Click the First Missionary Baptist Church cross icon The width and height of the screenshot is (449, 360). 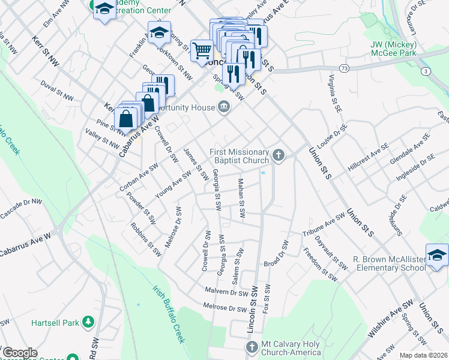click(x=277, y=155)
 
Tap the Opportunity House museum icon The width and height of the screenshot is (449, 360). click(x=223, y=107)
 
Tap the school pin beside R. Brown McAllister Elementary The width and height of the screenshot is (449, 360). click(x=437, y=254)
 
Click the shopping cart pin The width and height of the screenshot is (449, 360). click(x=201, y=49)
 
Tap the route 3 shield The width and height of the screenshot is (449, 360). click(x=425, y=71)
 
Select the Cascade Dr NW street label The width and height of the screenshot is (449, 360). click(x=22, y=207)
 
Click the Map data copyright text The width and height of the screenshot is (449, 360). click(x=423, y=355)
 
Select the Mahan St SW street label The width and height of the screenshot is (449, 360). click(x=241, y=199)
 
